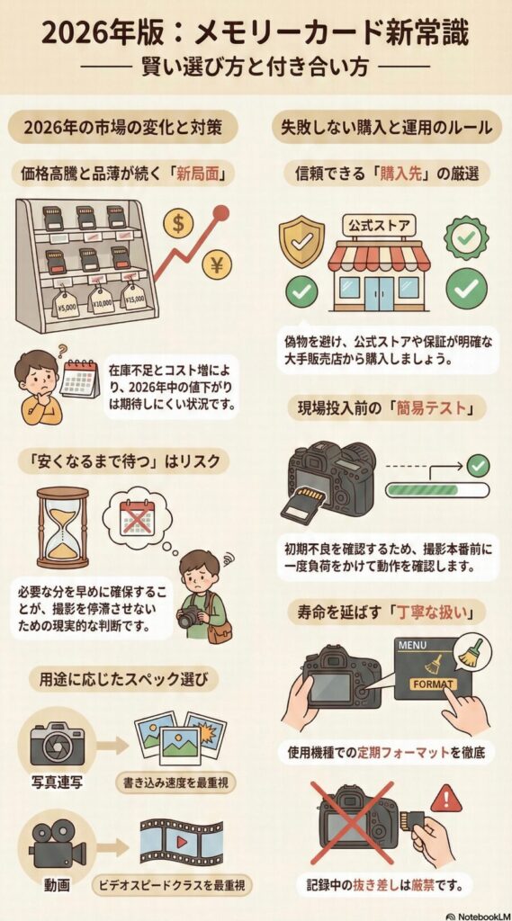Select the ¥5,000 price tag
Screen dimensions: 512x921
(67, 306)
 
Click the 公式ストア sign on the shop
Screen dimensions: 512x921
(379, 224)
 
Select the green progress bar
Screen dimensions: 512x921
(436, 490)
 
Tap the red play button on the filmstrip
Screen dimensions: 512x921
(183, 842)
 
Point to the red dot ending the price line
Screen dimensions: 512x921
(221, 212)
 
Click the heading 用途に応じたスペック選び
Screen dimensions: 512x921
(124, 681)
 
